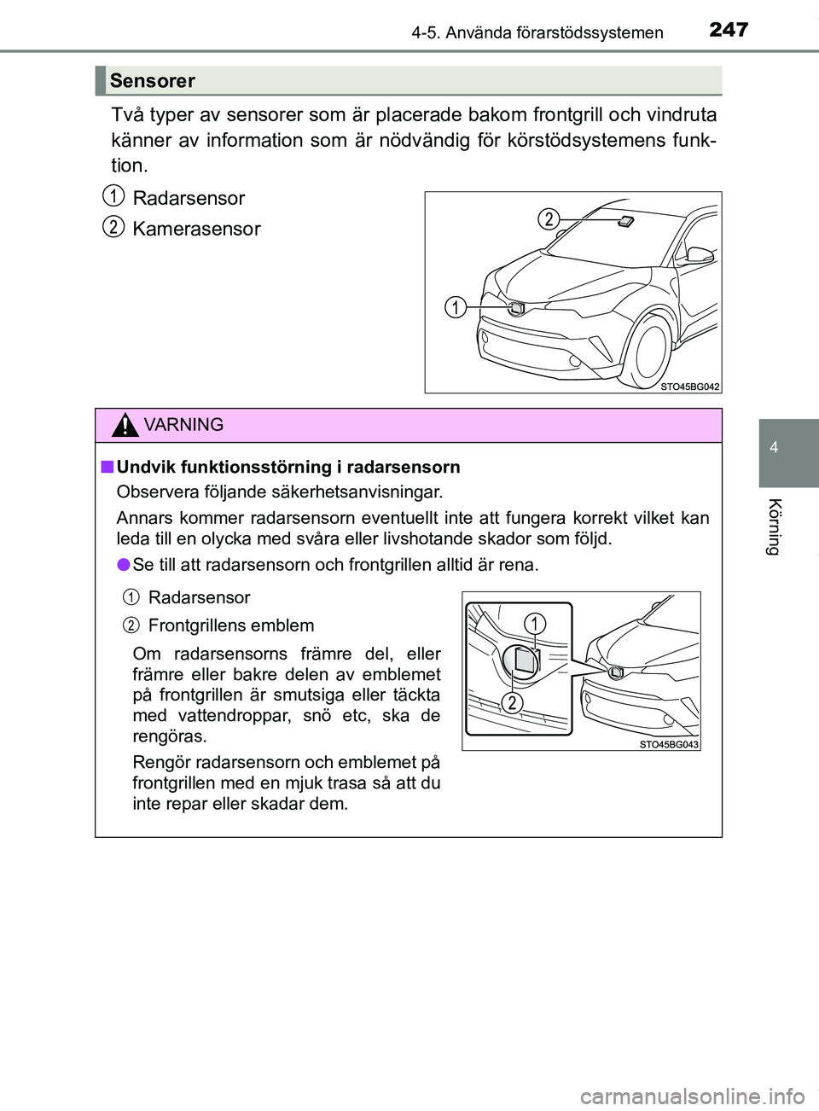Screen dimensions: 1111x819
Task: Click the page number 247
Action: click(729, 30)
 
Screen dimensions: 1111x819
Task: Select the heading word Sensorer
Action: click(153, 81)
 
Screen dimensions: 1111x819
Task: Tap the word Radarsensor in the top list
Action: click(189, 199)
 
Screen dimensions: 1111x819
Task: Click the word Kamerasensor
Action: click(196, 229)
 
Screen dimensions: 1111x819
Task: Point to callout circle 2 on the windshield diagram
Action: click(549, 219)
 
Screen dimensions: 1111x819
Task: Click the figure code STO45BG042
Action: click(690, 387)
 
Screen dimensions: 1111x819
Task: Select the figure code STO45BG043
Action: click(669, 744)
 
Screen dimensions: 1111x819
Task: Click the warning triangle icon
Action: click(125, 425)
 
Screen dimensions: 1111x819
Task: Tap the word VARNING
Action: click(184, 425)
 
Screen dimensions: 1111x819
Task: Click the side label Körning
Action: click(774, 526)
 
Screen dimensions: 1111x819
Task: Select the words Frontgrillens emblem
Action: click(230, 625)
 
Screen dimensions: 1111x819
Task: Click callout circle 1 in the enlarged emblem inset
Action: click(535, 624)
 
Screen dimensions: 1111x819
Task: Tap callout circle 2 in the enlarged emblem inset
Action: click(511, 702)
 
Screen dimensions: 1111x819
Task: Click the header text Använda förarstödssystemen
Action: click(555, 33)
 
